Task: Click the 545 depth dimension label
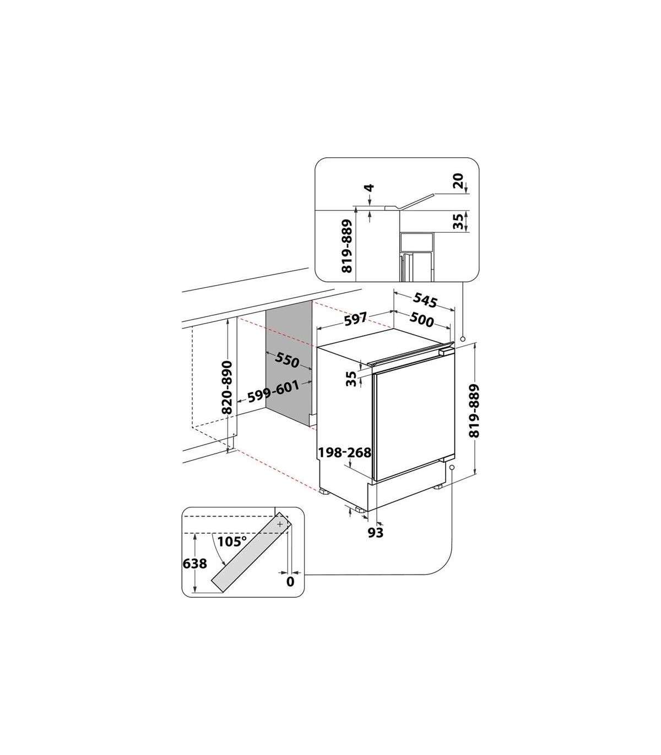point(425,300)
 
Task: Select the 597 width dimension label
point(355,319)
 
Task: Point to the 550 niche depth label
point(287,360)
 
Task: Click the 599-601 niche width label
point(273,392)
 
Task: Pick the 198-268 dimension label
point(344,452)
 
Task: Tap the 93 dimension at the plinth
point(376,532)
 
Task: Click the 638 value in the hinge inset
point(195,574)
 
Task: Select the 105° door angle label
point(232,541)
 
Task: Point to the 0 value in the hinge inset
point(290,592)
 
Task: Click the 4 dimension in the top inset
point(370,188)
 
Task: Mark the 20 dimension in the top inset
point(458,181)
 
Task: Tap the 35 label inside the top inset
point(458,221)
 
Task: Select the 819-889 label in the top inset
point(347,246)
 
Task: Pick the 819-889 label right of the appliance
point(474,411)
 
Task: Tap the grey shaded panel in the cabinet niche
point(289,363)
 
